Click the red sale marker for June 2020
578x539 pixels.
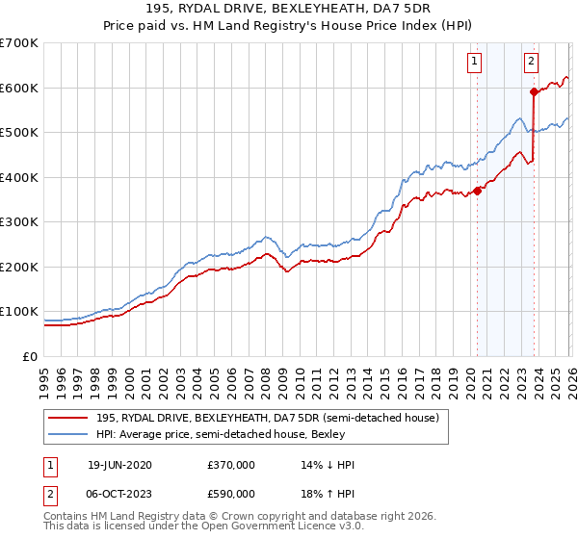point(478,191)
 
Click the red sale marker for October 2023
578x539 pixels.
point(534,92)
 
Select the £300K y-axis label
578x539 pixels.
point(19,222)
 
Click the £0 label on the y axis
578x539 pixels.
point(31,357)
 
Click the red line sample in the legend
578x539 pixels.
point(69,418)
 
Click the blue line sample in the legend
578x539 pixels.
point(69,434)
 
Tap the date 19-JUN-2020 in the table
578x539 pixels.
point(118,465)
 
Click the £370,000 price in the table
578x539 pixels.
point(231,465)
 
